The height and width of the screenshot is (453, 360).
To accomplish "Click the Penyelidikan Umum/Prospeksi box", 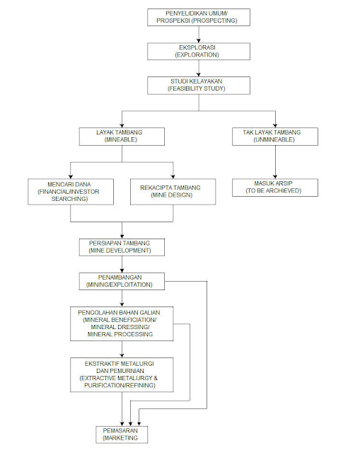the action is click(199, 17).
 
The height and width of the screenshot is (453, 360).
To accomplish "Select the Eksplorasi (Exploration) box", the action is click(199, 52).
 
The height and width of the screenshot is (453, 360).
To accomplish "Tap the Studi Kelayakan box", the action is click(199, 86).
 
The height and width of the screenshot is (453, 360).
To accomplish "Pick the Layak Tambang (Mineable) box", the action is click(122, 137).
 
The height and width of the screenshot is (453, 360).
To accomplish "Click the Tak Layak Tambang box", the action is click(275, 137).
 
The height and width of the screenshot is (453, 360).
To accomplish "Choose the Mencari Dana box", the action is click(71, 192).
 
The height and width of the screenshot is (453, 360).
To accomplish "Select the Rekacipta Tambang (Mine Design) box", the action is click(173, 192).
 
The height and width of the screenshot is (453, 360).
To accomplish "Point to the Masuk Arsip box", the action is click(275, 188).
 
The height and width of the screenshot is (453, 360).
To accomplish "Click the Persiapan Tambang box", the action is click(122, 247).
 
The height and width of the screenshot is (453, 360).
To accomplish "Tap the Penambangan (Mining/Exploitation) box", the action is click(122, 282).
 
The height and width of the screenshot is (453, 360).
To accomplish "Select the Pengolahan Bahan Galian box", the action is click(122, 324).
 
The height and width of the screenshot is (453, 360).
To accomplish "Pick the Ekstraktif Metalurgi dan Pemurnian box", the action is click(122, 375).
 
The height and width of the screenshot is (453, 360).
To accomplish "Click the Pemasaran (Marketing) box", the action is click(122, 435).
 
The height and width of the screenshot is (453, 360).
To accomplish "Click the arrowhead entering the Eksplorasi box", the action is click(199, 41).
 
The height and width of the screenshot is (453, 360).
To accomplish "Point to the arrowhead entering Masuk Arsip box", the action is click(275, 177).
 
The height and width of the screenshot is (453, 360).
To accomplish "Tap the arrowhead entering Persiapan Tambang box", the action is click(122, 236).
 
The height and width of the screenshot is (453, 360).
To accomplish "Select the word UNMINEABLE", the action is click(274, 140).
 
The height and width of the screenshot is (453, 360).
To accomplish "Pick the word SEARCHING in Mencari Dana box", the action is click(69, 199).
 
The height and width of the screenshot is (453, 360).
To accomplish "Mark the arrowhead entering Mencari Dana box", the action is click(71, 176).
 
